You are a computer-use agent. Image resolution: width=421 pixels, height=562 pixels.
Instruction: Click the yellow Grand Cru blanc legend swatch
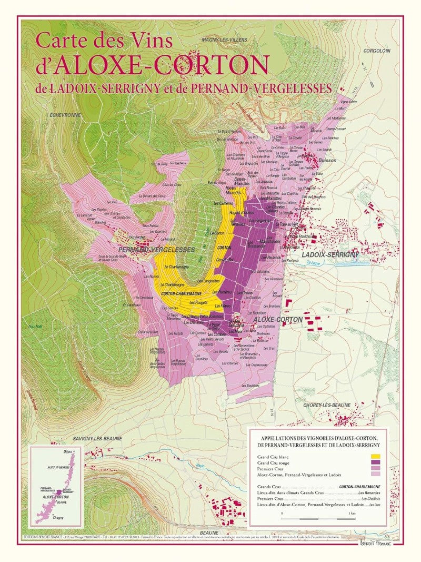[x=375, y=456]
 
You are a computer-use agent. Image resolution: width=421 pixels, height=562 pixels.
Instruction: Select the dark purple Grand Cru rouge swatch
[x=375, y=462]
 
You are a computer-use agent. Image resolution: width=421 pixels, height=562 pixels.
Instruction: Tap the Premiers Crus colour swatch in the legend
[x=375, y=468]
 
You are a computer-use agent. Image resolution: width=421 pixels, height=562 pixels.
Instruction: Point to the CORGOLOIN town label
[x=376, y=51]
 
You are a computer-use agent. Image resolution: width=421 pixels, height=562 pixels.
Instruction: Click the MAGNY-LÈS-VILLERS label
[x=224, y=41]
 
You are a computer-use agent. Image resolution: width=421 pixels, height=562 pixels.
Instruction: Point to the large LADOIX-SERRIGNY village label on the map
[x=330, y=255]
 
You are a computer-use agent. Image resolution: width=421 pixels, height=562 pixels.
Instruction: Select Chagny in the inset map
[x=58, y=517]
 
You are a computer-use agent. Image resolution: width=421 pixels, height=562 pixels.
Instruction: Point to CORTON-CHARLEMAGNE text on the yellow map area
[x=183, y=293]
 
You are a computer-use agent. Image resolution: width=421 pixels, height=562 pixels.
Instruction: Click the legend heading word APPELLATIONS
[x=282, y=437]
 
